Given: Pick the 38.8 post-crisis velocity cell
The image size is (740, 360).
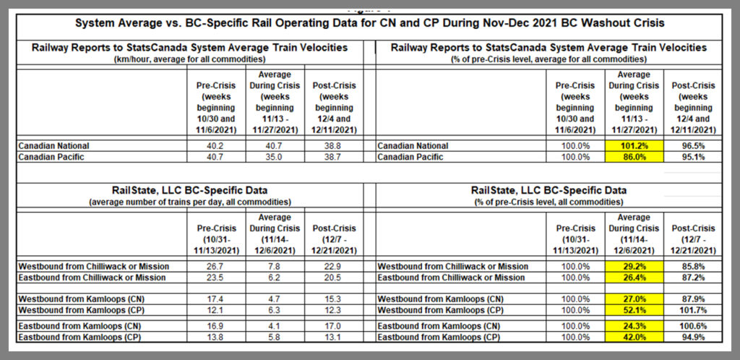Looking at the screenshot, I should pos(332,145).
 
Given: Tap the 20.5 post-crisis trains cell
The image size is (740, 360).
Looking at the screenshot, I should pos(332,277).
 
